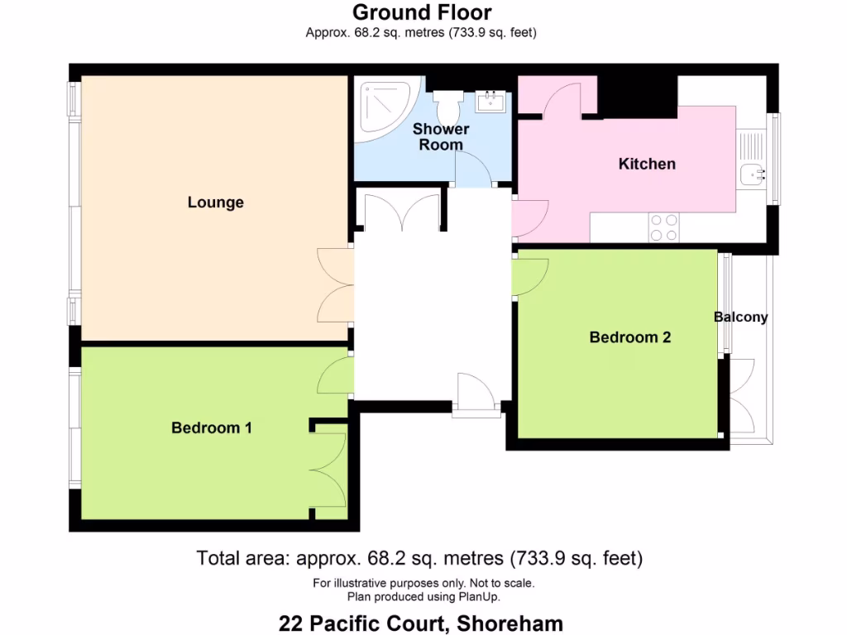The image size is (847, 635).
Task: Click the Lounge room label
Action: click(215, 203)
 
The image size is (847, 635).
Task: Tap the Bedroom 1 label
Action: click(212, 427)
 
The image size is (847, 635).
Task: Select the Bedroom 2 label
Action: click(629, 337)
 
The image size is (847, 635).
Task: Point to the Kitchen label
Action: click(647, 164)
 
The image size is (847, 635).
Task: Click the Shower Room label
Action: click(441, 136)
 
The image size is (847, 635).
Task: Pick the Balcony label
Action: click(740, 317)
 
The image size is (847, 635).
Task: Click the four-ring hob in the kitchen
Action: click(663, 227)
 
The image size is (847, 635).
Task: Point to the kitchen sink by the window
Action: click(751, 174)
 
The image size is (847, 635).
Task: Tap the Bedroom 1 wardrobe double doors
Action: click(329, 469)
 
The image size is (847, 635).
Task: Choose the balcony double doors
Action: click(742, 397)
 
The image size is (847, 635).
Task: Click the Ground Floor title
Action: click(422, 12)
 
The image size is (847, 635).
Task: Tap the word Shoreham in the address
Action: click(512, 623)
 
